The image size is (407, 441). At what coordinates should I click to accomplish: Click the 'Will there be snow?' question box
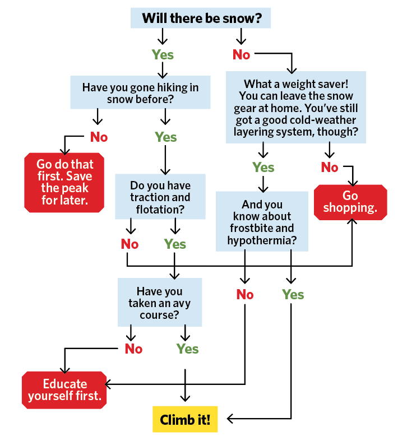[x=201, y=18]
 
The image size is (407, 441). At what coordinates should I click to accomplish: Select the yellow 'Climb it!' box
[x=185, y=420]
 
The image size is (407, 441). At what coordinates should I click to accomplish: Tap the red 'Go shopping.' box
[x=350, y=202]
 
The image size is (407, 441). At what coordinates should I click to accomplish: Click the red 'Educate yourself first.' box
[x=64, y=390]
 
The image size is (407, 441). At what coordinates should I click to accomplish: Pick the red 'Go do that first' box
[x=65, y=182]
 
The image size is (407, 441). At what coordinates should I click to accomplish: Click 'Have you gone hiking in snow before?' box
[x=140, y=93]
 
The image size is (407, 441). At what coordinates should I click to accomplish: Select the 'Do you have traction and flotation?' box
[x=160, y=197]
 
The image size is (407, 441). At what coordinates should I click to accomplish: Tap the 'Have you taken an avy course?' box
[x=159, y=303]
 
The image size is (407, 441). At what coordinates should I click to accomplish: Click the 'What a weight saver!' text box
[x=296, y=106]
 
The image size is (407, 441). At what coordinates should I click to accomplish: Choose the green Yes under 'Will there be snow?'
[x=163, y=55]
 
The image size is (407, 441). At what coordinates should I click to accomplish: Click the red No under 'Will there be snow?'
[x=241, y=55]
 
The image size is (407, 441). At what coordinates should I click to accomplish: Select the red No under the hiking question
[x=99, y=137]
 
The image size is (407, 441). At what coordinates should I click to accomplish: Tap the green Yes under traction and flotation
[x=175, y=244]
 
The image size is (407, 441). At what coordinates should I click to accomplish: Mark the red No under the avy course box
[x=133, y=349]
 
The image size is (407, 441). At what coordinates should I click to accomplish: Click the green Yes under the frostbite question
[x=293, y=295]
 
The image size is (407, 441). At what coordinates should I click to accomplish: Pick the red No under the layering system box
[x=330, y=167]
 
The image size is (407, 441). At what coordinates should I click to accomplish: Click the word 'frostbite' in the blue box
[x=262, y=229]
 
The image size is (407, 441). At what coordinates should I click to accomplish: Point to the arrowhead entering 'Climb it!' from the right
[x=230, y=419]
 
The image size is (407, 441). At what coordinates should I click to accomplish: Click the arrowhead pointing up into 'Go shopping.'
[x=352, y=223]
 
